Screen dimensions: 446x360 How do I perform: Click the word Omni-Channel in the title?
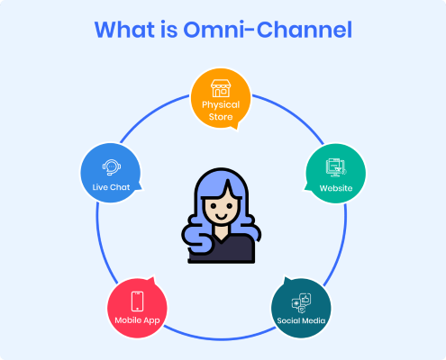(268, 30)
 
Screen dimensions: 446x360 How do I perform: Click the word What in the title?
(125, 30)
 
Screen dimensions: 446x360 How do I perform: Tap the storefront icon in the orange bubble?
(221, 88)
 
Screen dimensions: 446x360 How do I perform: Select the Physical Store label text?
(221, 111)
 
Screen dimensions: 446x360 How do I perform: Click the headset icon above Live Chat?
(112, 167)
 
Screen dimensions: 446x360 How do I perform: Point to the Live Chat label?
(111, 187)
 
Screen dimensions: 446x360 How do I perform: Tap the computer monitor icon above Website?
(336, 167)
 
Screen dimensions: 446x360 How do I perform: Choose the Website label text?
(336, 188)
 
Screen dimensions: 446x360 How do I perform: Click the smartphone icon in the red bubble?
(138, 301)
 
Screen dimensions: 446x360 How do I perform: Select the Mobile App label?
(137, 320)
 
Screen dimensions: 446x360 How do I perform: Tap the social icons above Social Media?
(301, 303)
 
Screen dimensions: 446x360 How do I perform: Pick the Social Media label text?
(301, 320)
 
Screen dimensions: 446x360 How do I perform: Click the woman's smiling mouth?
(222, 217)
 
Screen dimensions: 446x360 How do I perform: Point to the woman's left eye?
(213, 206)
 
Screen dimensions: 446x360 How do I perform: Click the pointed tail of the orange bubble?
(237, 129)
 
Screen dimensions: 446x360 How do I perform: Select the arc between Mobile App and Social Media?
(220, 339)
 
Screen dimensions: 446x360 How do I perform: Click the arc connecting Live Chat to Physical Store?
(150, 113)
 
